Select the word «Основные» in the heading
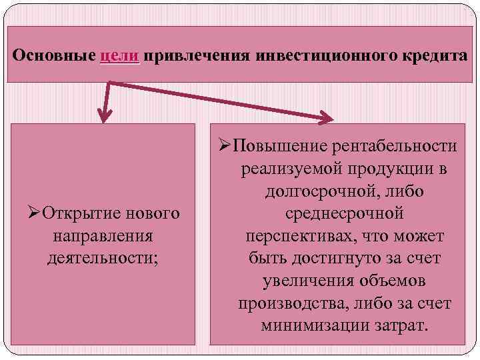tap(55, 55)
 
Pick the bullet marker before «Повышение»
tap(224, 146)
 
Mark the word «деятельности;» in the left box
tap(103, 258)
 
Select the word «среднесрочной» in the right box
tap(343, 214)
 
